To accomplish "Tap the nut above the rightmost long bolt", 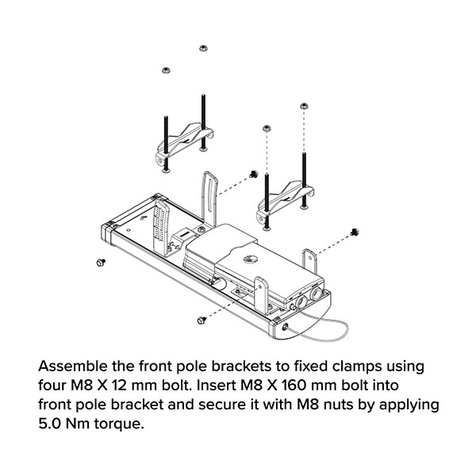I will (x=303, y=106).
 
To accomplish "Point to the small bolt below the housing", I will (x=201, y=319).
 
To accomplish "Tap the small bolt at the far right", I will (x=355, y=232).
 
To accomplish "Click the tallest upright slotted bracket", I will (x=209, y=198).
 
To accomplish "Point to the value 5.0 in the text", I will (x=52, y=424).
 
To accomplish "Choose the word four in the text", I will (x=52, y=387).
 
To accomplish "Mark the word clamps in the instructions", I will (x=375, y=368).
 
